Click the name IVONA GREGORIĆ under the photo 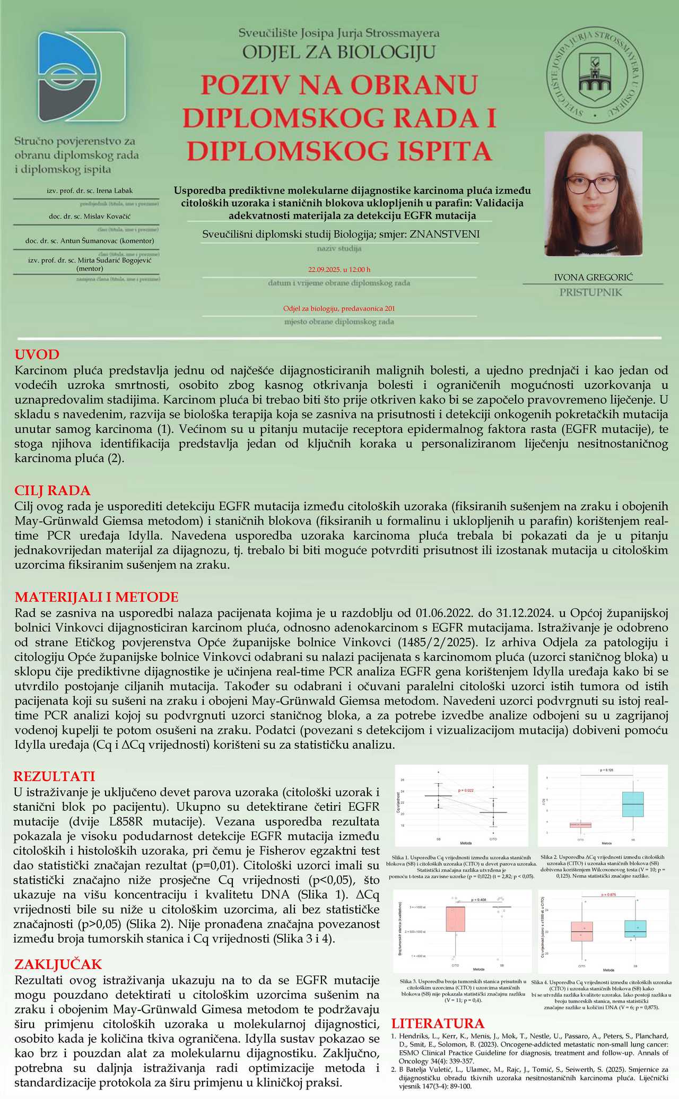[593, 278]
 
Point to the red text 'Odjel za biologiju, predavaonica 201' [339, 308]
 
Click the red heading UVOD [37, 354]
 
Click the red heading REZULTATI [54, 776]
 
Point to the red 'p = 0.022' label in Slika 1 [465, 791]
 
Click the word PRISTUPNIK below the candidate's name [590, 292]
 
